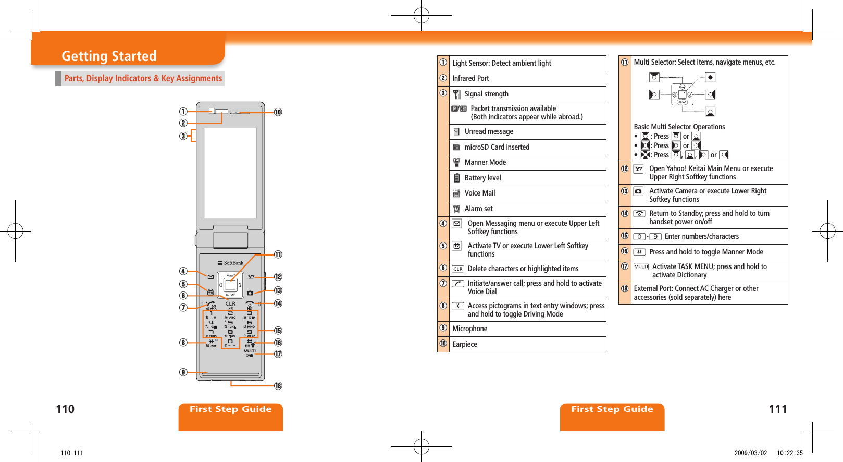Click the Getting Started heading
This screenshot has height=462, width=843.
point(109,56)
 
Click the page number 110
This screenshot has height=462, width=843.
point(65,409)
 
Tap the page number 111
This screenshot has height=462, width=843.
point(777,409)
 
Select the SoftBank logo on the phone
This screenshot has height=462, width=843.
point(231,263)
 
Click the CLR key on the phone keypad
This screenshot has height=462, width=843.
point(230,303)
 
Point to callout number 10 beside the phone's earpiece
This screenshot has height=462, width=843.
point(278,112)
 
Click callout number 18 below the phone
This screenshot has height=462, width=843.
point(278,386)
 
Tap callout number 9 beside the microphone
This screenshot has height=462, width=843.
point(183,372)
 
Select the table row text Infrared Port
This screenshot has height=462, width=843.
point(470,78)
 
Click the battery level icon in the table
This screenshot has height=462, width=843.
point(456,178)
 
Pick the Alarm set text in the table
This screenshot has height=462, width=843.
point(478,209)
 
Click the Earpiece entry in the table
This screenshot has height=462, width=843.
point(464,344)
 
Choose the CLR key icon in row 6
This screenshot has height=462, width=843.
point(457,269)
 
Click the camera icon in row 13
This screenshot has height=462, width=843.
point(638,191)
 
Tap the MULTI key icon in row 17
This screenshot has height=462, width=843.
point(640,266)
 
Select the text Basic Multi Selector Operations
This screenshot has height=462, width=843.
point(679,127)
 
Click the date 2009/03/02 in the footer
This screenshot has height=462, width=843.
point(750,453)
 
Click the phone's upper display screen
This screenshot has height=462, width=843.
point(230,172)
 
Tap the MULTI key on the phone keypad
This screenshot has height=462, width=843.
point(250,351)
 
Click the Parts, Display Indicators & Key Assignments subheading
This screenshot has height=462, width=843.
point(143,78)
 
